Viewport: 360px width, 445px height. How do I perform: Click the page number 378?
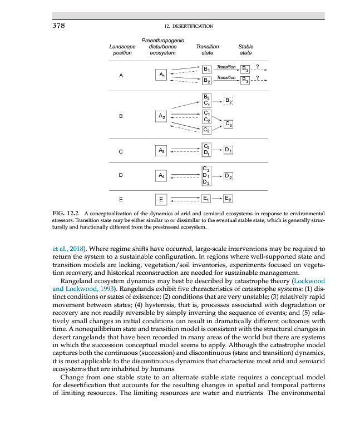(x=60, y=26)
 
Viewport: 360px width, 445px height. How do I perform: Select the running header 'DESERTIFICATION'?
(x=193, y=26)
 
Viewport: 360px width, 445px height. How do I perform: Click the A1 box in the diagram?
(x=162, y=75)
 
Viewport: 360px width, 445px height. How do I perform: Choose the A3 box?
(x=162, y=150)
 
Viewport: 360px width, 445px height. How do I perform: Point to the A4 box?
(x=162, y=176)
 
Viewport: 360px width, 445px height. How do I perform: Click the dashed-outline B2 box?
(x=229, y=100)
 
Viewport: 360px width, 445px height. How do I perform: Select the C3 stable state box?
(x=229, y=124)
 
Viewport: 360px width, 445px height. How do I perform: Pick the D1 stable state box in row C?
(x=229, y=150)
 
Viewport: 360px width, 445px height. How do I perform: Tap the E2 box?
(x=229, y=199)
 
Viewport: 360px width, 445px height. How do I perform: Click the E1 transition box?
(x=206, y=199)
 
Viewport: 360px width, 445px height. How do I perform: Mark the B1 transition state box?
(x=206, y=69)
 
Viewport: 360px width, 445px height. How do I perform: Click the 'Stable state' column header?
(x=245, y=50)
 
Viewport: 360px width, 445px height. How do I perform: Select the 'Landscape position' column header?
(x=122, y=50)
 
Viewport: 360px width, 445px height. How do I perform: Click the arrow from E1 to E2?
(x=218, y=199)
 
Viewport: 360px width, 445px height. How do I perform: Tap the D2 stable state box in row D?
(x=229, y=176)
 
